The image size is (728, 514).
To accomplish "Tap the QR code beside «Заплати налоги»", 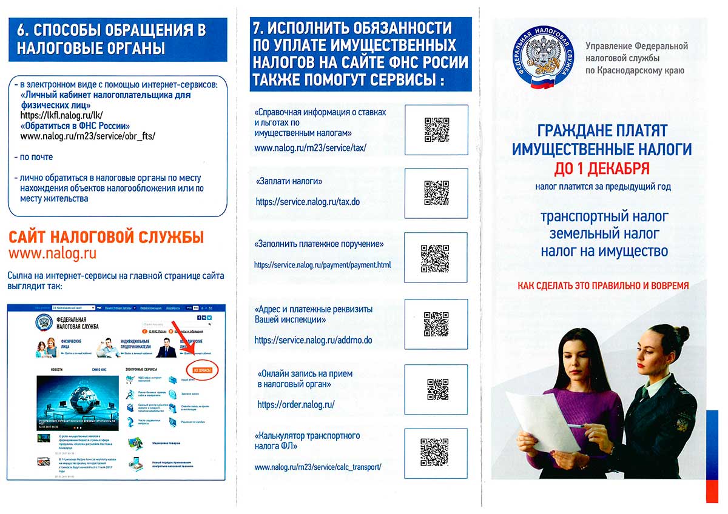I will pos(436,193).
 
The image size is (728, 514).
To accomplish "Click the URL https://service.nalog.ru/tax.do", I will pos(308,201).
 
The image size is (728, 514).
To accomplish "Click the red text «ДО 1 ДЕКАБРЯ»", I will pos(602,168).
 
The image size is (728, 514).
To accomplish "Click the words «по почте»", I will pos(36,157).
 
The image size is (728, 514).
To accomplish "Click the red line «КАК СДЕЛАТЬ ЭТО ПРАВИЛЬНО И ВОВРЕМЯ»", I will pos(603,285).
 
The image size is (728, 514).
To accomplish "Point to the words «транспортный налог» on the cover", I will pos(604,216).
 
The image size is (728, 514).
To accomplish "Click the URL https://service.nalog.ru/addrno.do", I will pos(313,340).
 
